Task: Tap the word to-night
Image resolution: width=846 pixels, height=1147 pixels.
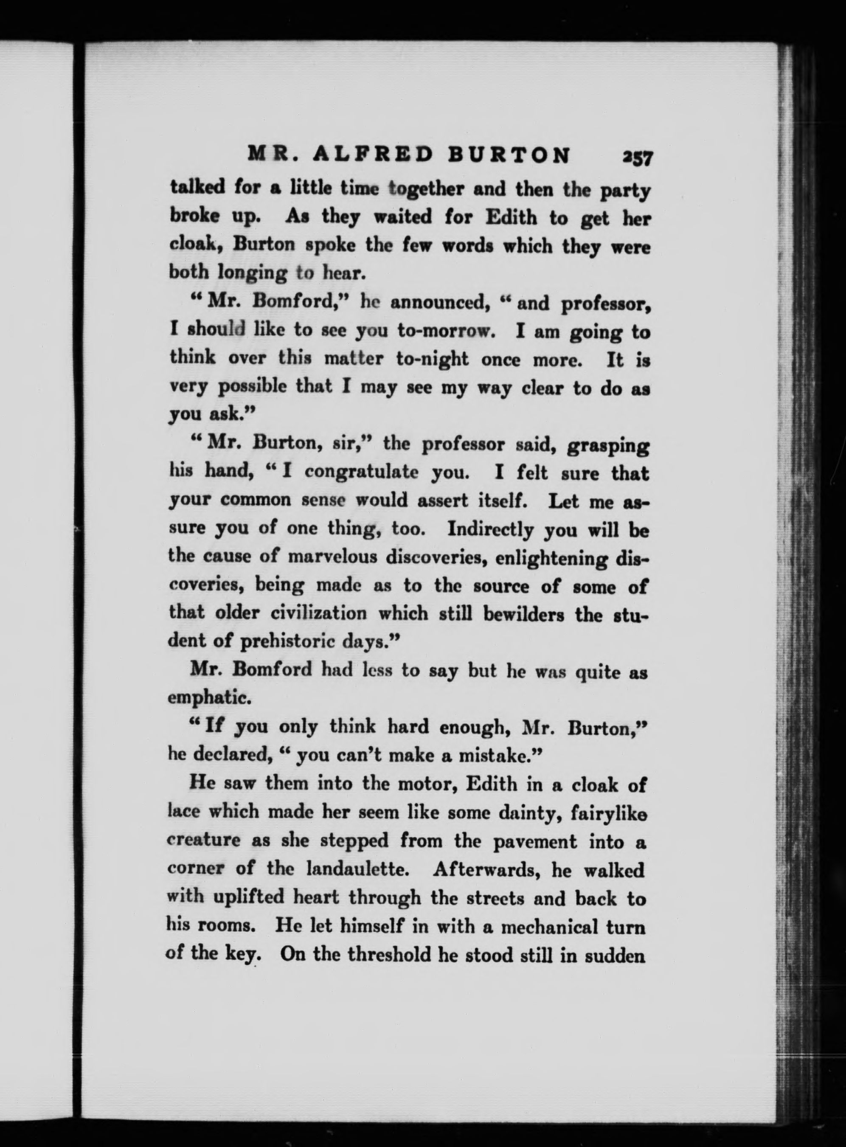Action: [x=432, y=359]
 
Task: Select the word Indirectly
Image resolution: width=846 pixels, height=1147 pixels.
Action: [x=490, y=529]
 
